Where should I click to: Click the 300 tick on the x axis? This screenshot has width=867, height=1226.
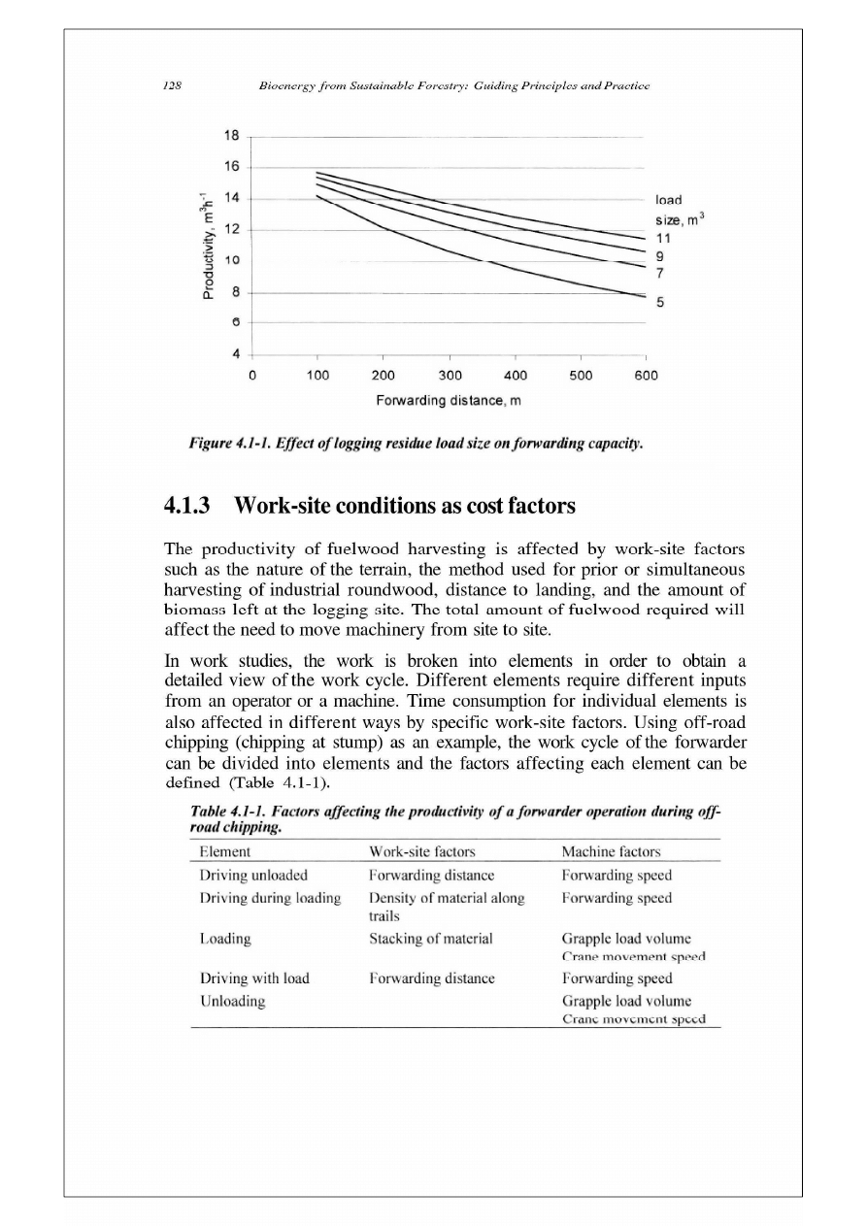(450, 374)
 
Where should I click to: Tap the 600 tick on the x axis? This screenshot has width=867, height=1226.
(646, 374)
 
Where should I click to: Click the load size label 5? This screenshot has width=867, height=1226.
(660, 303)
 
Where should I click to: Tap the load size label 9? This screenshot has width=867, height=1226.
(660, 254)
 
